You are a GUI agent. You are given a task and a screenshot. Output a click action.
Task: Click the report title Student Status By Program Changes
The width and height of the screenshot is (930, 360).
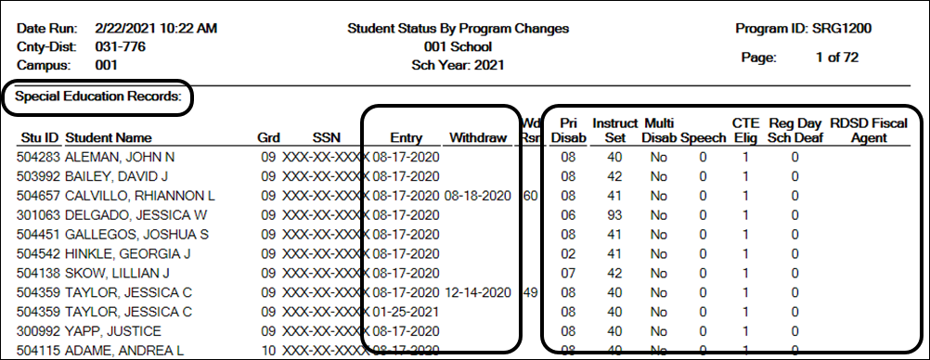458,29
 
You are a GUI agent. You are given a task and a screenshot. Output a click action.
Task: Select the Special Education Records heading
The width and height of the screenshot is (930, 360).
97,96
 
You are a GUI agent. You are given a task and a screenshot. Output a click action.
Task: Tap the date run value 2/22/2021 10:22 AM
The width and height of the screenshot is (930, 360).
156,29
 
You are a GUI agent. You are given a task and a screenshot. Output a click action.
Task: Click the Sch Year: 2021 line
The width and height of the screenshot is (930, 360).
458,65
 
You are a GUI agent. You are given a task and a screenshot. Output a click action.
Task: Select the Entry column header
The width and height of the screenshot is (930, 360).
406,138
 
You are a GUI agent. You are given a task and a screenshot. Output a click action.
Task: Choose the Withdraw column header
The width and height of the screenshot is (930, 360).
477,138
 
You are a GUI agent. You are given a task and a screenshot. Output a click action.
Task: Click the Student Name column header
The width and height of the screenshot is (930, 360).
110,138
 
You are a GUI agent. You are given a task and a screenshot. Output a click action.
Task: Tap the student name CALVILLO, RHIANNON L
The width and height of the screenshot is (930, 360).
140,196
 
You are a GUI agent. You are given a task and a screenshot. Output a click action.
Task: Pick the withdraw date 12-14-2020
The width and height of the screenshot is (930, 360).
477,292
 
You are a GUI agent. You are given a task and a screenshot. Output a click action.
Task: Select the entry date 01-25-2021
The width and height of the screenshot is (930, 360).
406,312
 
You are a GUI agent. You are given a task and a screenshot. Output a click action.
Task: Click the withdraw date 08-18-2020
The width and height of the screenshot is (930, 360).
477,196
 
